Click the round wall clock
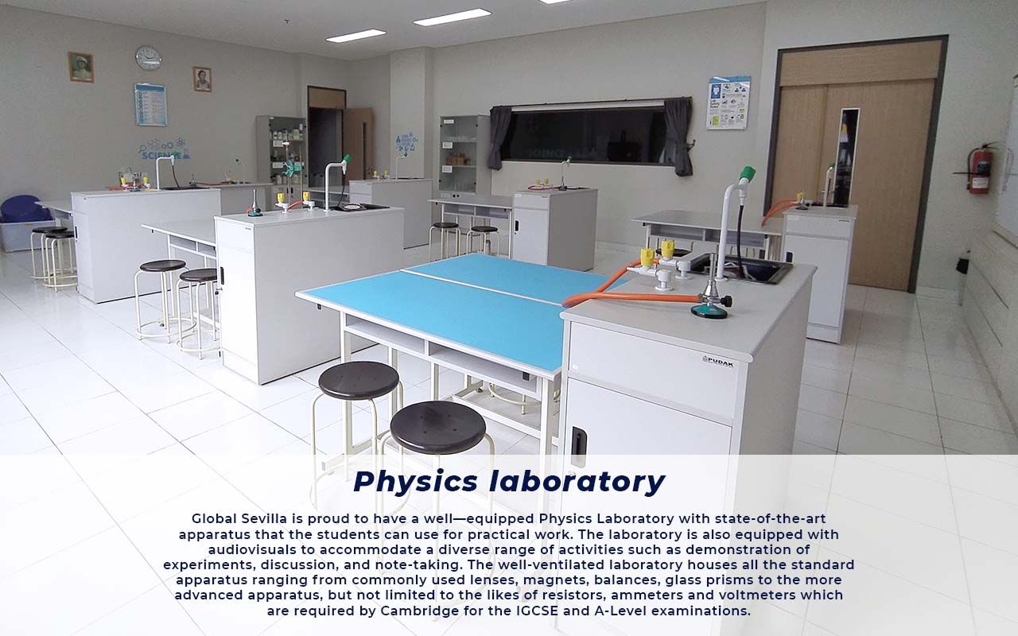coord(148,57)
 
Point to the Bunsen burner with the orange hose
coord(709,304)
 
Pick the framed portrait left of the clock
coord(80,67)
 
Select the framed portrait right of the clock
coord(202,79)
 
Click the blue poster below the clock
coord(150,104)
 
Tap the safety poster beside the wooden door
coord(728,103)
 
